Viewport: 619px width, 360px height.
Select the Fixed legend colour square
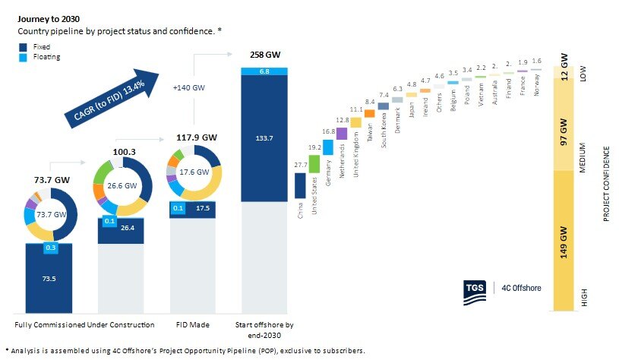pyautogui.click(x=23, y=46)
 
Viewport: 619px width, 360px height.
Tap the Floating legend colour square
pyautogui.click(x=23, y=57)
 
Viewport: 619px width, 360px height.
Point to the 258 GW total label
pyautogui.click(x=264, y=55)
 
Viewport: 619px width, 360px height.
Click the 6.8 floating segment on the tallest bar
pyautogui.click(x=264, y=71)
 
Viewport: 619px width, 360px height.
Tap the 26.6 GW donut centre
pyautogui.click(x=122, y=185)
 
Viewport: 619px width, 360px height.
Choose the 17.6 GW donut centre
pyautogui.click(x=192, y=172)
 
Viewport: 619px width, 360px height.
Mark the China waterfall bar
pyautogui.click(x=300, y=186)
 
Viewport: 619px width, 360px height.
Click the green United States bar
pyautogui.click(x=314, y=163)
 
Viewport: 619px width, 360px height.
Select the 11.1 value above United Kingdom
pyautogui.click(x=355, y=110)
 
